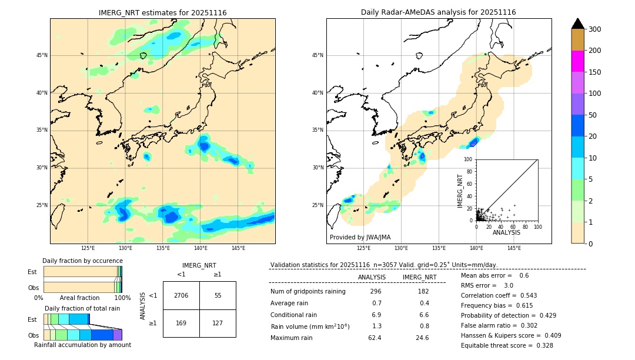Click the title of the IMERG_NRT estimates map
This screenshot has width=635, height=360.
pos(162,12)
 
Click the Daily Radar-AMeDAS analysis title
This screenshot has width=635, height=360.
pos(438,12)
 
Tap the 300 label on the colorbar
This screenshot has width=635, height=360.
pos(596,29)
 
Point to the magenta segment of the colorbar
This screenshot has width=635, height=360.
pos(578,61)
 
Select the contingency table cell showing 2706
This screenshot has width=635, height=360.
pos(181,295)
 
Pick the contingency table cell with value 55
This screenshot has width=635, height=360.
pos(218,295)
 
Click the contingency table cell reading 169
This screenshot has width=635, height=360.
pos(181,323)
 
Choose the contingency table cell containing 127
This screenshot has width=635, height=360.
pos(218,323)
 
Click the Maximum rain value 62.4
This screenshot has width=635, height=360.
pos(375,338)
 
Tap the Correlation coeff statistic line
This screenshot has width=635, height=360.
pos(499,295)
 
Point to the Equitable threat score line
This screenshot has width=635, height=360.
pos(507,345)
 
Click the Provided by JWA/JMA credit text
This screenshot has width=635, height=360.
pos(360,237)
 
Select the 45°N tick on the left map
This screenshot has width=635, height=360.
pos(42,55)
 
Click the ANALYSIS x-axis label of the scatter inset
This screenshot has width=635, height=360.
pos(506,232)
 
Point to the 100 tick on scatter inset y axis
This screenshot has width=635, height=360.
pos(469,159)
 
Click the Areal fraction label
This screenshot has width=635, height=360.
pos(79,298)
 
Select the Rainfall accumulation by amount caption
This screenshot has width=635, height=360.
pos(82,345)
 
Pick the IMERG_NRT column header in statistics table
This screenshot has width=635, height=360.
pos(419,277)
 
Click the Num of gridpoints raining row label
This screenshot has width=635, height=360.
pos(308,291)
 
